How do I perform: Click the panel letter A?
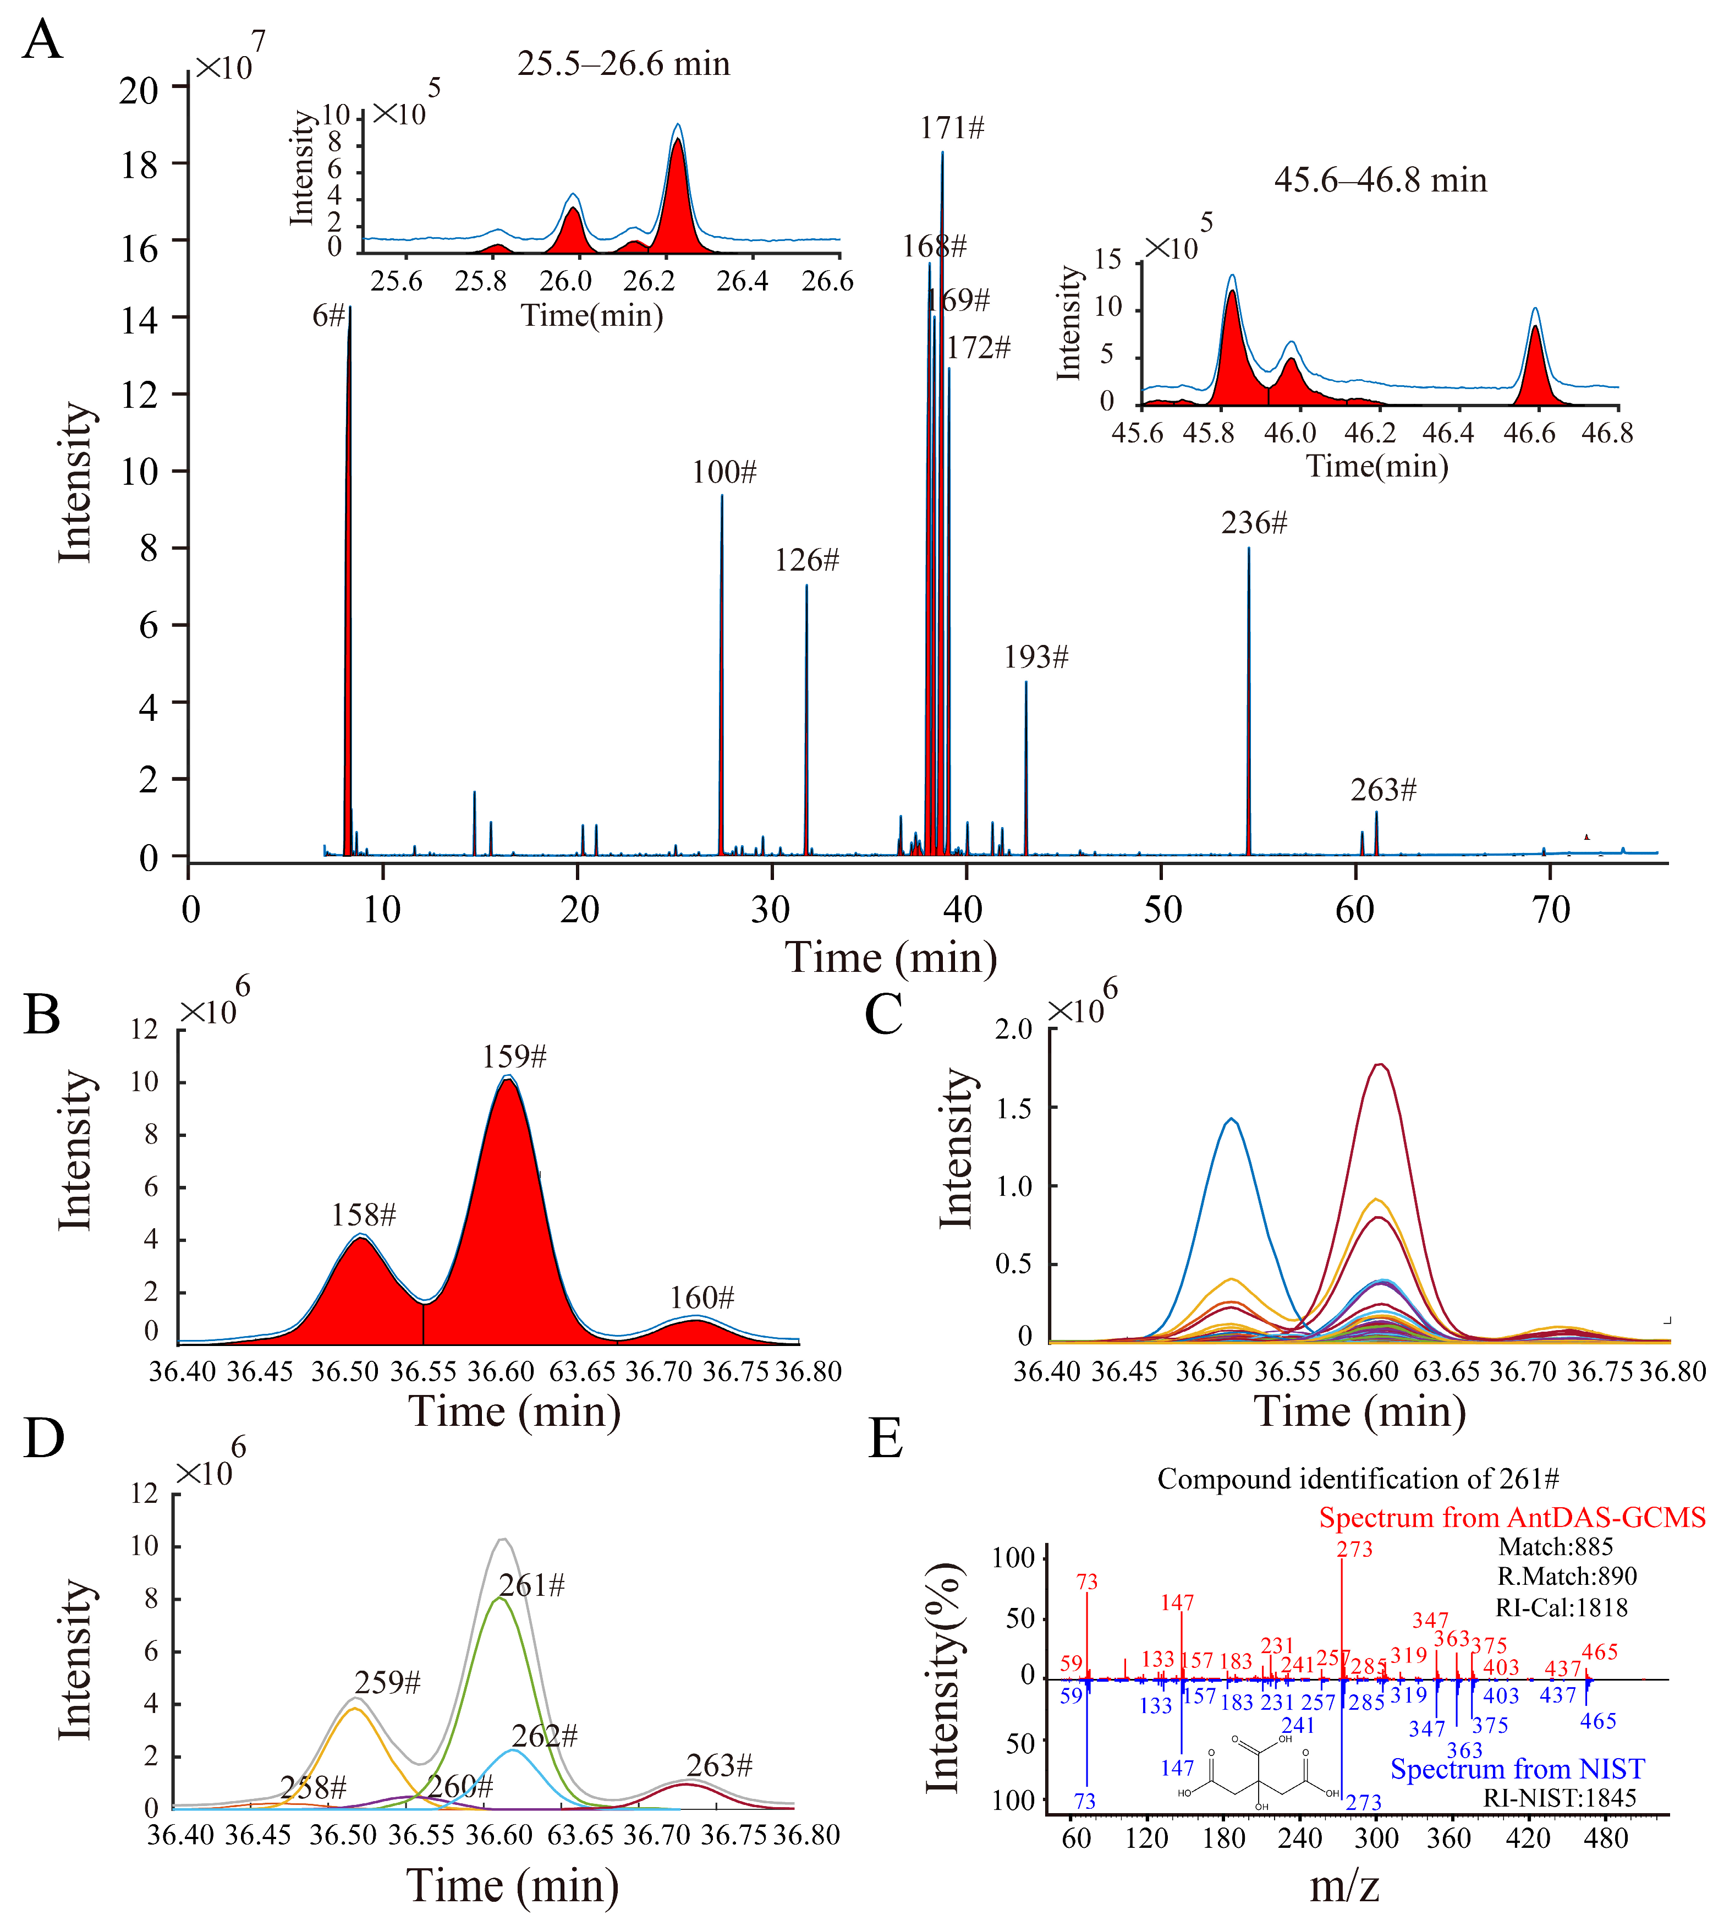(x=43, y=42)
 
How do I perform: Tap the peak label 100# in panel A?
(x=724, y=472)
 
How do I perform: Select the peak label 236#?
(x=1254, y=523)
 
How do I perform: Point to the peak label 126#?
(x=807, y=561)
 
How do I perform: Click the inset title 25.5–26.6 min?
(x=623, y=64)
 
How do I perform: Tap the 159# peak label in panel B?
(x=514, y=1057)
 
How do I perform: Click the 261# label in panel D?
(x=531, y=1586)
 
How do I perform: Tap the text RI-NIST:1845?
(x=1559, y=1798)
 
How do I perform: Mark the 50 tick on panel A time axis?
(x=1162, y=910)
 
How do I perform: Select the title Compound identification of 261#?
(x=1358, y=1479)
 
